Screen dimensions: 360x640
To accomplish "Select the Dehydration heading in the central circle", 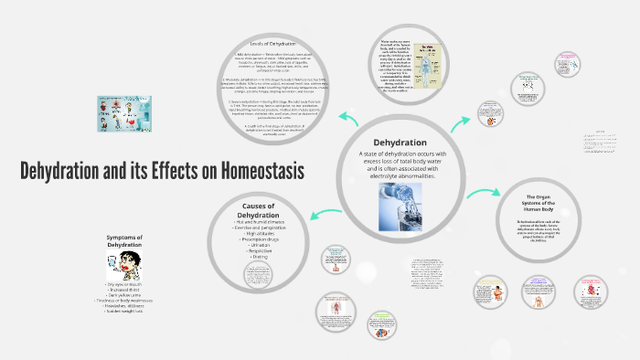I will coord(400,143).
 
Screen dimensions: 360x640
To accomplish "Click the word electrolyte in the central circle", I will coord(384,176).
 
